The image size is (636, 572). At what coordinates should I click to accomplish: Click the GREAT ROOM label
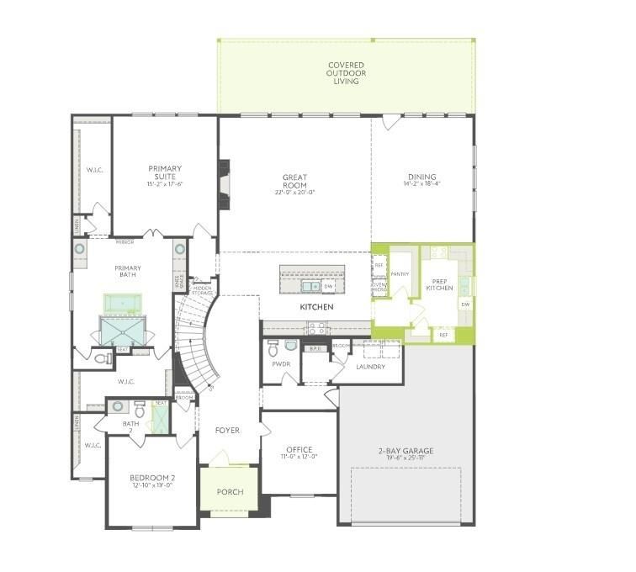294,181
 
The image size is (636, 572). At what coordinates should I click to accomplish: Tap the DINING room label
421,177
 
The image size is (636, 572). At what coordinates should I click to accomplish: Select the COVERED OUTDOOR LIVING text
345,73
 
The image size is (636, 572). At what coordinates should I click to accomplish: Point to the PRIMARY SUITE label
165,173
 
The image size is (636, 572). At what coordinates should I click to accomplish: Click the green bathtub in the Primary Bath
119,302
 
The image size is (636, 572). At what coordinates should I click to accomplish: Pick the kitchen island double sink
310,286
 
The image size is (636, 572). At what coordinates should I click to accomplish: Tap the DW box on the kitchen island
328,287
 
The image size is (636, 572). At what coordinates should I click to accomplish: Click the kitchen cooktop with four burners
317,327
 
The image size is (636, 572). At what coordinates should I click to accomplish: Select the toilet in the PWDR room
290,344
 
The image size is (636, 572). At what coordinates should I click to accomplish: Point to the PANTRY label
400,273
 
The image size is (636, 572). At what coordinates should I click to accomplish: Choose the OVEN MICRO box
379,288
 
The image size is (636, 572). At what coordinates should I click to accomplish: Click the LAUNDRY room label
370,367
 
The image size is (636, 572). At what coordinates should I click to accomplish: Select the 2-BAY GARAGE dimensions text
405,459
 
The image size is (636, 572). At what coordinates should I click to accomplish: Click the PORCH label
230,492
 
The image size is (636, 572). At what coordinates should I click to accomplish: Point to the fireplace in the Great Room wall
224,183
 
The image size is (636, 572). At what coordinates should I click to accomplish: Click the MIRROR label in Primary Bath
125,242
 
